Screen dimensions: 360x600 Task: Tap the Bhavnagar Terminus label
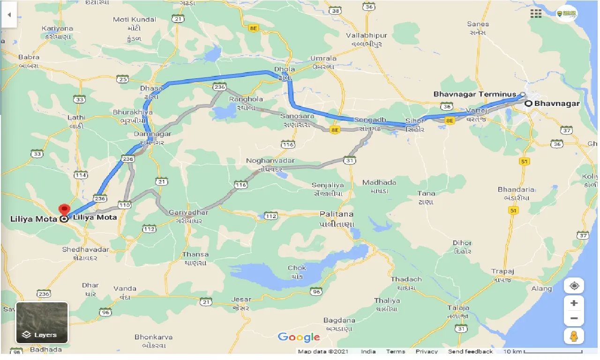[x=474, y=94]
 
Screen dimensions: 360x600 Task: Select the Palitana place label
[x=337, y=214]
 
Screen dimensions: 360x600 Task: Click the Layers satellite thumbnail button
[x=42, y=322]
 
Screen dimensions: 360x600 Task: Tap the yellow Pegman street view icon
[x=574, y=336]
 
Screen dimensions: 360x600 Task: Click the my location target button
[x=574, y=285]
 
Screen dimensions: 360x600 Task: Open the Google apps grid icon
[x=536, y=14]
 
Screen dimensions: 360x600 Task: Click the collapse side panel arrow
[x=9, y=14]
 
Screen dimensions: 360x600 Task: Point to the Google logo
[x=299, y=337]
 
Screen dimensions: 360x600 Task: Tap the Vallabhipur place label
[x=367, y=36]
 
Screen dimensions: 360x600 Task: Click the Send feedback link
[x=470, y=352]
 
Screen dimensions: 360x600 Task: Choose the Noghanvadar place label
[x=270, y=161]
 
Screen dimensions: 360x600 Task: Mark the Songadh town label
[x=370, y=120]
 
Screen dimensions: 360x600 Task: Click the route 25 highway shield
[x=123, y=79]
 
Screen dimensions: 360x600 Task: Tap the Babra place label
[x=29, y=57]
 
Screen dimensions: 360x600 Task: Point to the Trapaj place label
[x=503, y=271]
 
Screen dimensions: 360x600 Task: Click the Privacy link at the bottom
[x=427, y=352]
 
